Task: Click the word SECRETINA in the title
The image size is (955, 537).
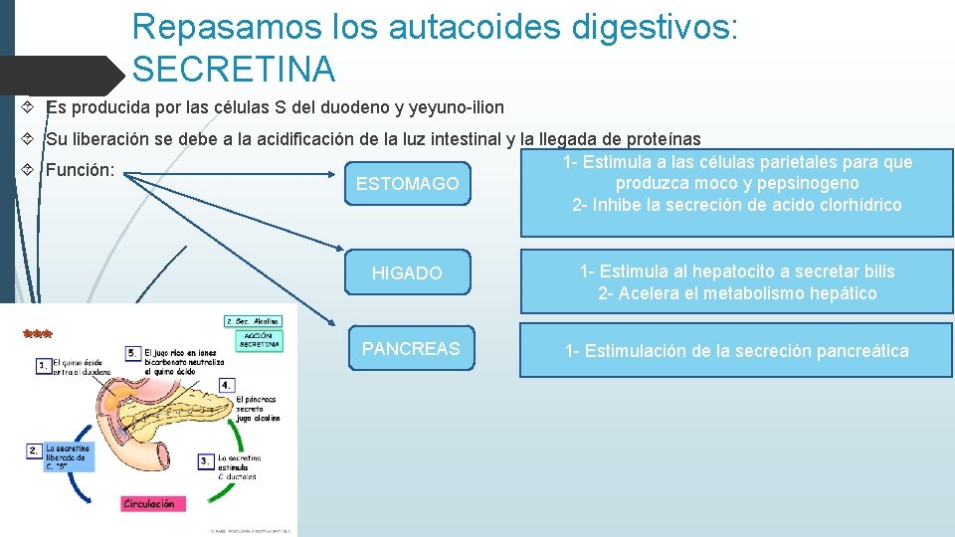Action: click(234, 70)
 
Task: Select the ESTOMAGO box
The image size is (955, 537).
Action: click(407, 184)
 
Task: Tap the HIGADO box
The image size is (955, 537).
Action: click(407, 272)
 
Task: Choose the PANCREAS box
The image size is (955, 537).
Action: click(411, 349)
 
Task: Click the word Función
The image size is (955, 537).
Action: click(81, 170)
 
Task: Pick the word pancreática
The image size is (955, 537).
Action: click(861, 351)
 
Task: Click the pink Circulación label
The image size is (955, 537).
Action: click(148, 504)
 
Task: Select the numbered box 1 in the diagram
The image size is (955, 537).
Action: click(43, 366)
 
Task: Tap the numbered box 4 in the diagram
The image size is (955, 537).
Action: click(227, 384)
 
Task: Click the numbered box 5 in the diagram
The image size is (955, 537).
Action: click(133, 353)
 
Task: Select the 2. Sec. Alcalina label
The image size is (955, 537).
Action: click(254, 321)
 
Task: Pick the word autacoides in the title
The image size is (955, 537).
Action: click(465, 27)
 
